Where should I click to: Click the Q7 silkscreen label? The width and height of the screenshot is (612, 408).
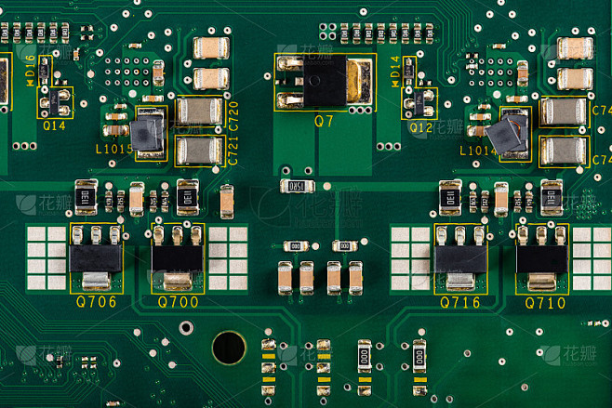pos(324,121)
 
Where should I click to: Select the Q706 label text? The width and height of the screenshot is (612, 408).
pos(96,302)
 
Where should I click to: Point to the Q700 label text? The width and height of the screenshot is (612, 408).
pos(178,302)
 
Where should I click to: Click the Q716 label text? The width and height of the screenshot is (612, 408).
pos(460,302)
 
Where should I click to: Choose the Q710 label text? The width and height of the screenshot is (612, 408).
pos(545,302)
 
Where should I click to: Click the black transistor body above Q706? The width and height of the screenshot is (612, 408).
pos(96,257)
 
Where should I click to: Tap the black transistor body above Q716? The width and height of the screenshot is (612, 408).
pos(460,257)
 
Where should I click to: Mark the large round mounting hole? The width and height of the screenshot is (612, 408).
pos(228,348)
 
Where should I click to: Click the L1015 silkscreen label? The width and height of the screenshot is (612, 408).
pos(114,149)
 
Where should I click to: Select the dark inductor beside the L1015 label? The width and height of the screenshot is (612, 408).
pos(147,135)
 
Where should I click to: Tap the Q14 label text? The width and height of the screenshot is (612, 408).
pos(55,125)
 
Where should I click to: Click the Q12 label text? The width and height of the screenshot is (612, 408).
pos(420,126)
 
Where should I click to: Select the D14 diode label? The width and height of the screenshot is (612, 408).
pos(395,68)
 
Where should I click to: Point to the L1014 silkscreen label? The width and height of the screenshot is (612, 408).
pos(478,150)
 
